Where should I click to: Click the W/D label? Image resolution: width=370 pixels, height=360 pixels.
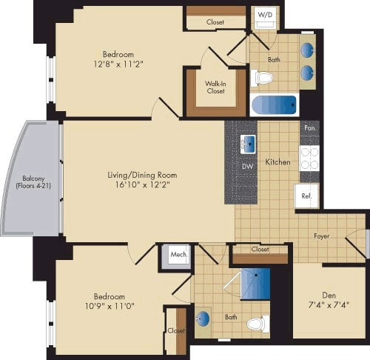[x=263, y=15]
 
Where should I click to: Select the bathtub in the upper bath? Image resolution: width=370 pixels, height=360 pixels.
[x=274, y=104]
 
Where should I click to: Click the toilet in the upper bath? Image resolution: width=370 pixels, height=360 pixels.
[x=263, y=77]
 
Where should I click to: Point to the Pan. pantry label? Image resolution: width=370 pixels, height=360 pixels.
[x=309, y=128]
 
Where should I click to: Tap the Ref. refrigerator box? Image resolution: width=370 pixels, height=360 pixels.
[x=307, y=196]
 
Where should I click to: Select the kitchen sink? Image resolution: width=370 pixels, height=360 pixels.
[x=248, y=144]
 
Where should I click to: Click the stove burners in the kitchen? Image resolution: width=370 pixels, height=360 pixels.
[x=309, y=157]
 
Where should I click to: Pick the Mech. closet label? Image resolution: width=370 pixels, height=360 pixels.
[x=177, y=255]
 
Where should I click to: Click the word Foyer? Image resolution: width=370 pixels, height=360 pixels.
[x=322, y=236]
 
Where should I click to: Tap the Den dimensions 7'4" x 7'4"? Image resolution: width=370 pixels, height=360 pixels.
[x=327, y=304]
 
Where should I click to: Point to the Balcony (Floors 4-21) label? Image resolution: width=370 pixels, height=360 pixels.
[x=30, y=181]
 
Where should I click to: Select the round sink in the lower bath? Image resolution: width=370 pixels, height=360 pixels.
[x=203, y=319]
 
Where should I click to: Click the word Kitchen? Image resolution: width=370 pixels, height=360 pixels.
[x=277, y=161]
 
